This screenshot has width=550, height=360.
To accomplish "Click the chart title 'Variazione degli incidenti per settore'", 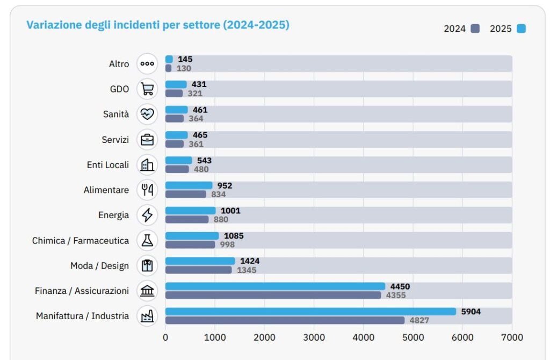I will (158, 25).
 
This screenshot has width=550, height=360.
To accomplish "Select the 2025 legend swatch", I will (521, 28).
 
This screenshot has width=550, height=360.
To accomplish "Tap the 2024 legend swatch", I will (475, 28).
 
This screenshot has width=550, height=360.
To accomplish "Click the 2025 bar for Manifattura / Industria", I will (310, 312).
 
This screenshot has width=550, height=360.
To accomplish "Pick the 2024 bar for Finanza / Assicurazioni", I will (273, 295).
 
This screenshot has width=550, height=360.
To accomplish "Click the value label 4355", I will (396, 295).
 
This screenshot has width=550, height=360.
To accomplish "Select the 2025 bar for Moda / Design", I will (200, 261).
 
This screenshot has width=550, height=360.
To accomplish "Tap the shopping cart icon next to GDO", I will (147, 89).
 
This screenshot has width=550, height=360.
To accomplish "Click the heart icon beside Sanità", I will (147, 114).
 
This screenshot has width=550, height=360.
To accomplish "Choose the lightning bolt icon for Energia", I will (147, 215).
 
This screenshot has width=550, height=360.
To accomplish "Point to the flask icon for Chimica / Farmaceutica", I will (147, 240).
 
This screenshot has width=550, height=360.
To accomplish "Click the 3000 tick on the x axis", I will (314, 337).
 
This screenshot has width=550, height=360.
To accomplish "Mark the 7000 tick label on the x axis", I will (512, 337).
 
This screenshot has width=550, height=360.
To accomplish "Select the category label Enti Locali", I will (108, 165).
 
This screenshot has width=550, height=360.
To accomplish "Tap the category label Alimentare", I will (106, 190).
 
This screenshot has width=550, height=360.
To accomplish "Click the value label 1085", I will (234, 236).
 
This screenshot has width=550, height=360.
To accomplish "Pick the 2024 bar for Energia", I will (187, 219).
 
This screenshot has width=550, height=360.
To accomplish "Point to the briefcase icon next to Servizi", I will (147, 140).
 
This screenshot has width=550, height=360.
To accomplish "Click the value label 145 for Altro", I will (185, 59).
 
